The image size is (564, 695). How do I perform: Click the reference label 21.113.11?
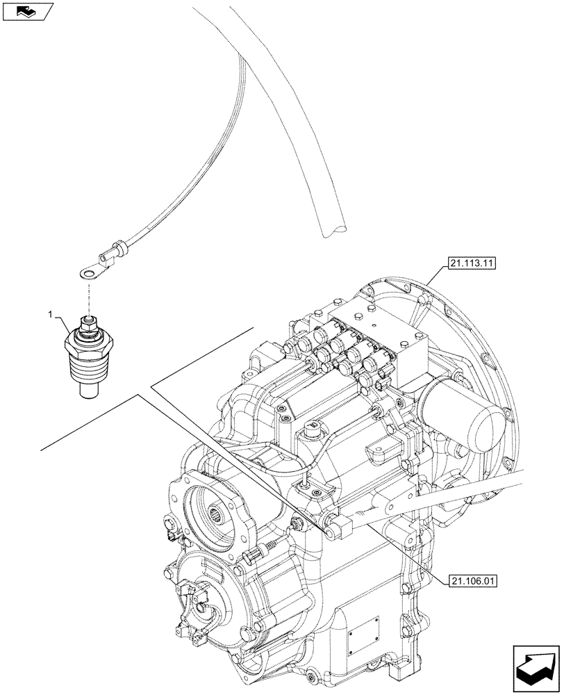coord(472,263)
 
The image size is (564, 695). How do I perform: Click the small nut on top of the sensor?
coord(89,321)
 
